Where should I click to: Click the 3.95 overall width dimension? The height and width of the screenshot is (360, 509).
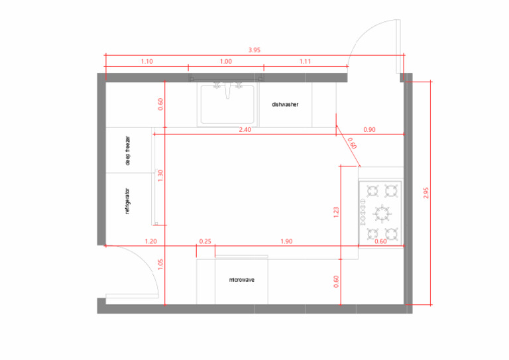254,50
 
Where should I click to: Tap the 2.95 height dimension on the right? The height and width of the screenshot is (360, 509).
426,193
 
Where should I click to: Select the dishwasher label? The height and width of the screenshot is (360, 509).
285,105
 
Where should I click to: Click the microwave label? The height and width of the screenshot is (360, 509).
242,280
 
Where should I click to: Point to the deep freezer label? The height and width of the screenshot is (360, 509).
128,150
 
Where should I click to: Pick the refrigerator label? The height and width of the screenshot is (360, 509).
127,202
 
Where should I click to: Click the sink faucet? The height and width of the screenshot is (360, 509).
227,90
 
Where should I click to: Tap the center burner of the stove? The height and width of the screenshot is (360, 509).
382,213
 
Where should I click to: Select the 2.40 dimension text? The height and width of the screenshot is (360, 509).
245,130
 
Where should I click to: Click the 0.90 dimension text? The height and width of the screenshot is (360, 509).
369,130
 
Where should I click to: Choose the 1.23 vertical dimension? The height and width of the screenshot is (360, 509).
336,212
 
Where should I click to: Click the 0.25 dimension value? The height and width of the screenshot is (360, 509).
205,241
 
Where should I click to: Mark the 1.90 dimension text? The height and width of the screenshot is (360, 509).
286,241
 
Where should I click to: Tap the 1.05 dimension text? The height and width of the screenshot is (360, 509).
160,265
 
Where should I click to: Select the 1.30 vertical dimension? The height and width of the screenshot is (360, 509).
160,176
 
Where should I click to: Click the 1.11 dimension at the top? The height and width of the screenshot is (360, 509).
305,62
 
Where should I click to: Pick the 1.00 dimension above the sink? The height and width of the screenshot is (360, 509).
226,62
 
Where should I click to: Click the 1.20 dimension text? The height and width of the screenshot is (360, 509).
150,241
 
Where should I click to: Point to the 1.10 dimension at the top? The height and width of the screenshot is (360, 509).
146,62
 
